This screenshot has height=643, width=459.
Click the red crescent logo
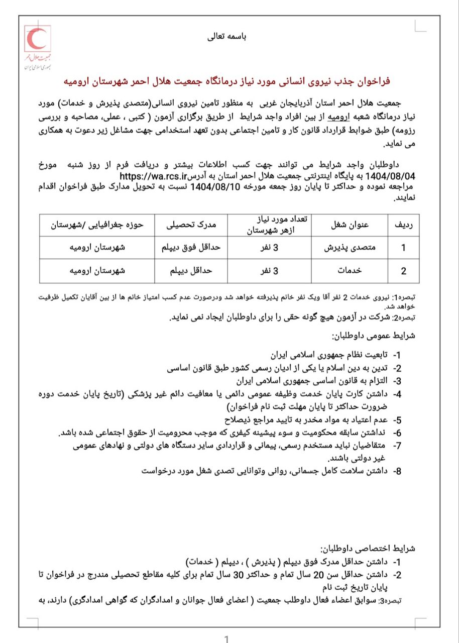click(x=36, y=38)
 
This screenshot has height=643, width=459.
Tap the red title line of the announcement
click(x=228, y=81)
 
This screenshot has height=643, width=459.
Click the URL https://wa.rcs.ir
click(x=154, y=176)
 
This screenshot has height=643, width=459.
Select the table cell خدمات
click(x=350, y=271)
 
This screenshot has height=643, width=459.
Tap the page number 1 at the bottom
click(x=227, y=639)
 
